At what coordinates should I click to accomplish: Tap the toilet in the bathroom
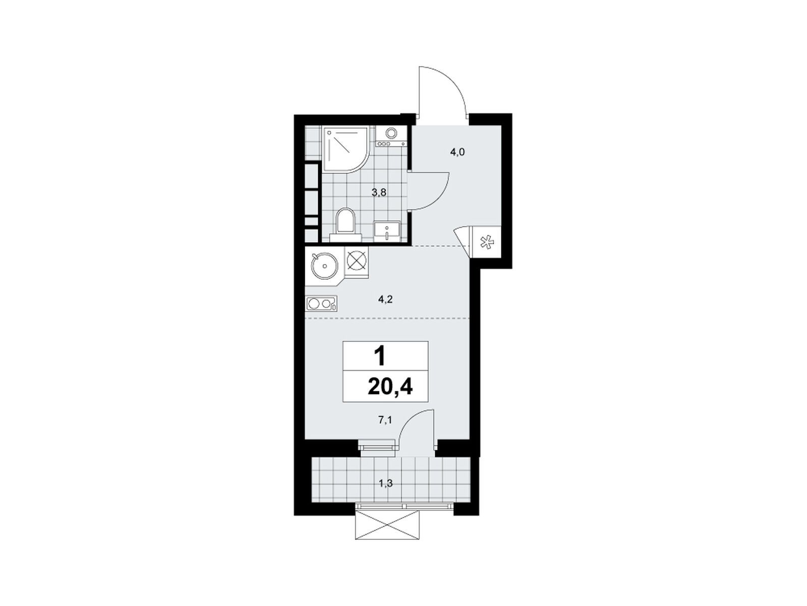[x=345, y=225]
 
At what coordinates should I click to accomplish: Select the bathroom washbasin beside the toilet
[x=386, y=231]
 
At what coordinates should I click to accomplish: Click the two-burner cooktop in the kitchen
[x=321, y=304]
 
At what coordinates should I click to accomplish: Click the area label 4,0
[x=457, y=153]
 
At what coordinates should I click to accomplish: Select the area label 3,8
[x=379, y=192]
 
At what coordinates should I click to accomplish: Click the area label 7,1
[x=384, y=421]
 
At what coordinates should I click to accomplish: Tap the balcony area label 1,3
[x=385, y=483]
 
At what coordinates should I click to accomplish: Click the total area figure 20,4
[x=390, y=387]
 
